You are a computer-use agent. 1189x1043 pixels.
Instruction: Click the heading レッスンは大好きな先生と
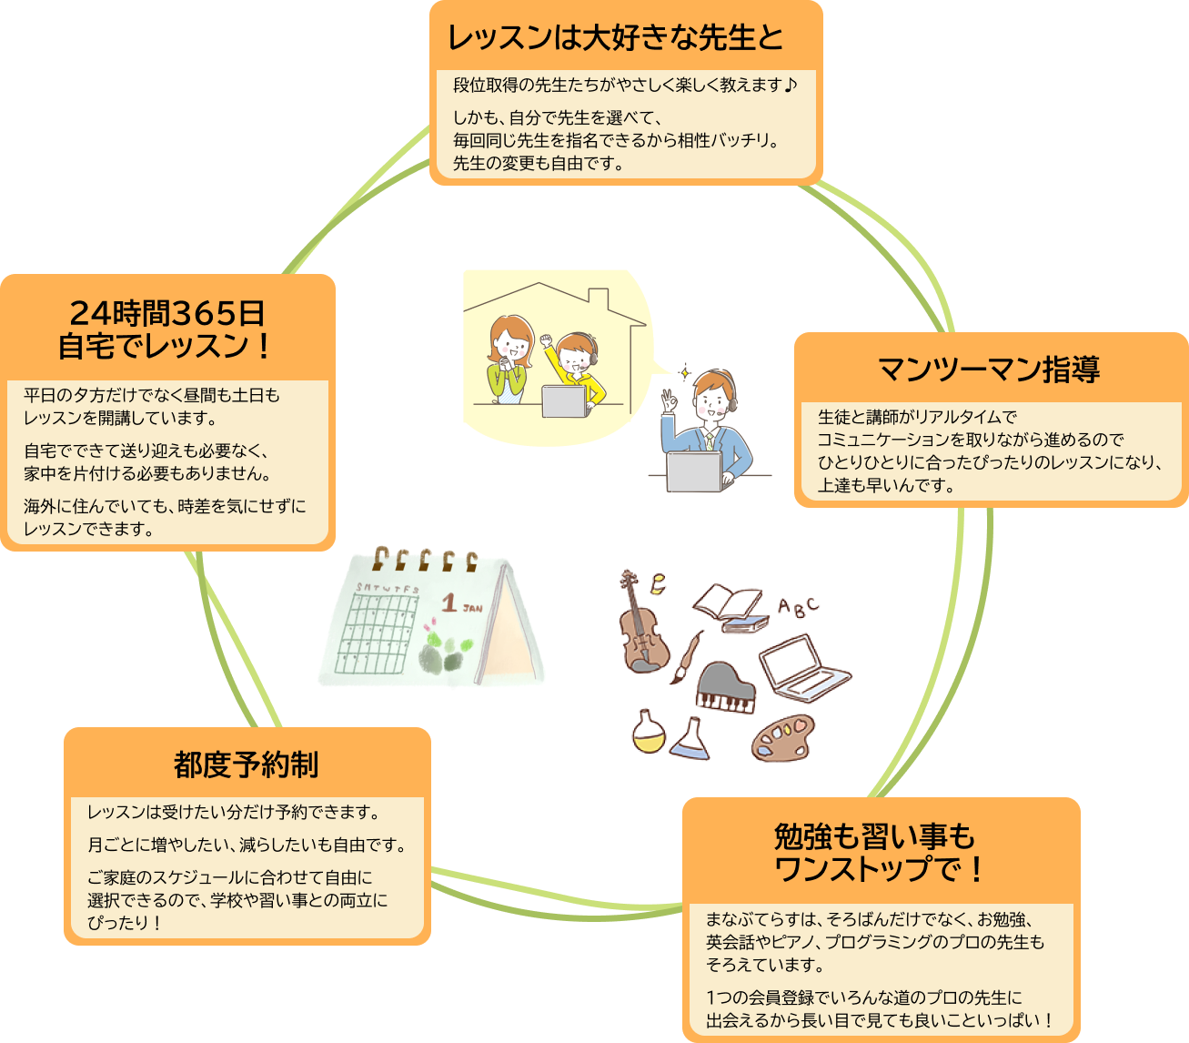615,37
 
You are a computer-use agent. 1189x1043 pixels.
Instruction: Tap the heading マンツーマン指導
989,370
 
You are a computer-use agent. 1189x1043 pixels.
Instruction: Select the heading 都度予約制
247,765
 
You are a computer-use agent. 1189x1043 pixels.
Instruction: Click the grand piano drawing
725,688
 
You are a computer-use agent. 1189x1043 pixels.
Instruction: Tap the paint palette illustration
783,737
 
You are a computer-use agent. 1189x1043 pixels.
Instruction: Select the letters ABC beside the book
798,607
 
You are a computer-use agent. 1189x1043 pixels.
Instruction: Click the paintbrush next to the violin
687,658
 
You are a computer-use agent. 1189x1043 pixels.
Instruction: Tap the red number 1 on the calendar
449,603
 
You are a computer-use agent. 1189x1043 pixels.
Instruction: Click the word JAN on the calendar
472,608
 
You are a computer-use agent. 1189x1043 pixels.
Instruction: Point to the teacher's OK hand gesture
669,401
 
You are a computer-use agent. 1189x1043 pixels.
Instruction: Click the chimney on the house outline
599,299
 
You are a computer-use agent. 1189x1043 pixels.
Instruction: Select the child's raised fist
547,340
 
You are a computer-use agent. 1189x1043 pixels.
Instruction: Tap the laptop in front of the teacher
694,471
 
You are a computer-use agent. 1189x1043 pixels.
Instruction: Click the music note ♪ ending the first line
791,86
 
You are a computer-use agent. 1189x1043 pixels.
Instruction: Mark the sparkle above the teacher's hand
684,372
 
